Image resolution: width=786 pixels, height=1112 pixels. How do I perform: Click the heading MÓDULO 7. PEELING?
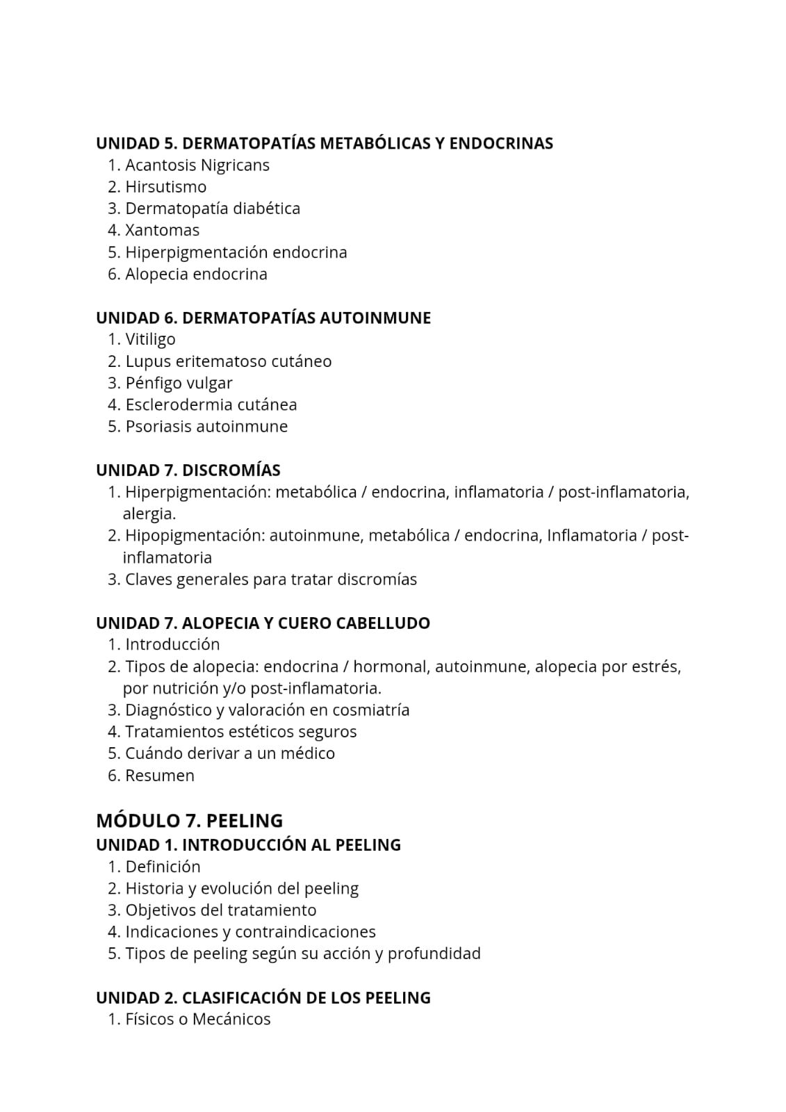click(189, 821)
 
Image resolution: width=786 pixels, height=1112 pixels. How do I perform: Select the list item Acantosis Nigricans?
click(197, 165)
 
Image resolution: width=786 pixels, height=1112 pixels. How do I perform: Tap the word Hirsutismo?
click(165, 187)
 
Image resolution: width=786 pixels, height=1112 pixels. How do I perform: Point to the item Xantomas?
click(162, 230)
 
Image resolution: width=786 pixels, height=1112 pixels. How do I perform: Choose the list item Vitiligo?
click(150, 339)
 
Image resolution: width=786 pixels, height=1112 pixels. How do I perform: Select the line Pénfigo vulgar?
click(179, 383)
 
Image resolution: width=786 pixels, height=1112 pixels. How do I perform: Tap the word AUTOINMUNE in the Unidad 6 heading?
click(375, 318)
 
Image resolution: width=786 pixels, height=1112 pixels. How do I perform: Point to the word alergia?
click(149, 514)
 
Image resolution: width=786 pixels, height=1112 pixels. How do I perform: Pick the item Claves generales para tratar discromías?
click(270, 579)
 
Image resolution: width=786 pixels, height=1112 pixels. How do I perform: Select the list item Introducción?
click(172, 644)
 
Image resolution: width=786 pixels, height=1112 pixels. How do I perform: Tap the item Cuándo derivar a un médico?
click(229, 753)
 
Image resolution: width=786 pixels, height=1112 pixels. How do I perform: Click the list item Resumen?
click(159, 776)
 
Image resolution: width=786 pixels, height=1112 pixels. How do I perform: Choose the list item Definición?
click(163, 867)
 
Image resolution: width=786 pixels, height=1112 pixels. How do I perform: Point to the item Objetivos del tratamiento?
click(220, 910)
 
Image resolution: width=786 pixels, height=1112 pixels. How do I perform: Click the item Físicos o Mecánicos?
click(197, 1020)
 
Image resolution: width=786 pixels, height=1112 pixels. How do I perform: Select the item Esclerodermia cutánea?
click(211, 404)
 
